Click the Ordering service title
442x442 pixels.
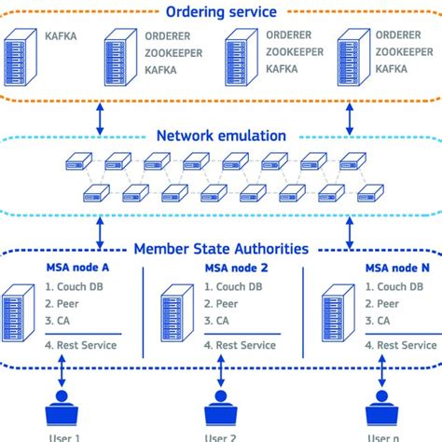pos(221,12)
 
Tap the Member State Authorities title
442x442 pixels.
pos(221,249)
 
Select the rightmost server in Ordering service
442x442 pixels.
pos(350,58)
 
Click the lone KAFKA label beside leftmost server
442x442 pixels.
pos(62,38)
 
